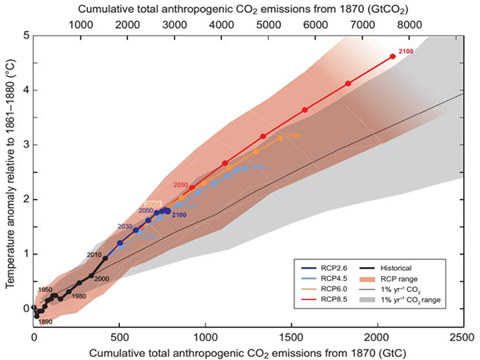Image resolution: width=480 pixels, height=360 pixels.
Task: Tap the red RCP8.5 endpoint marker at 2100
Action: click(392, 57)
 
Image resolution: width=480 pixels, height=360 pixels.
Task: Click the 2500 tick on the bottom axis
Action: click(463, 339)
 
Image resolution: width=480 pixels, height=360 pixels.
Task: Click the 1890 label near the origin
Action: click(46, 322)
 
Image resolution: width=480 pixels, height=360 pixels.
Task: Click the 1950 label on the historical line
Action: click(45, 290)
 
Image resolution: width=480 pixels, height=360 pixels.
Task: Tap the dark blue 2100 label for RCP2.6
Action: click(179, 215)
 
